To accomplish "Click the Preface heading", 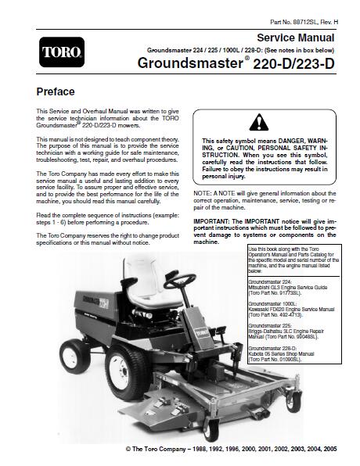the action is pos(57,91).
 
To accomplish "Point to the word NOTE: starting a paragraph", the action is pos(202,192).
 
